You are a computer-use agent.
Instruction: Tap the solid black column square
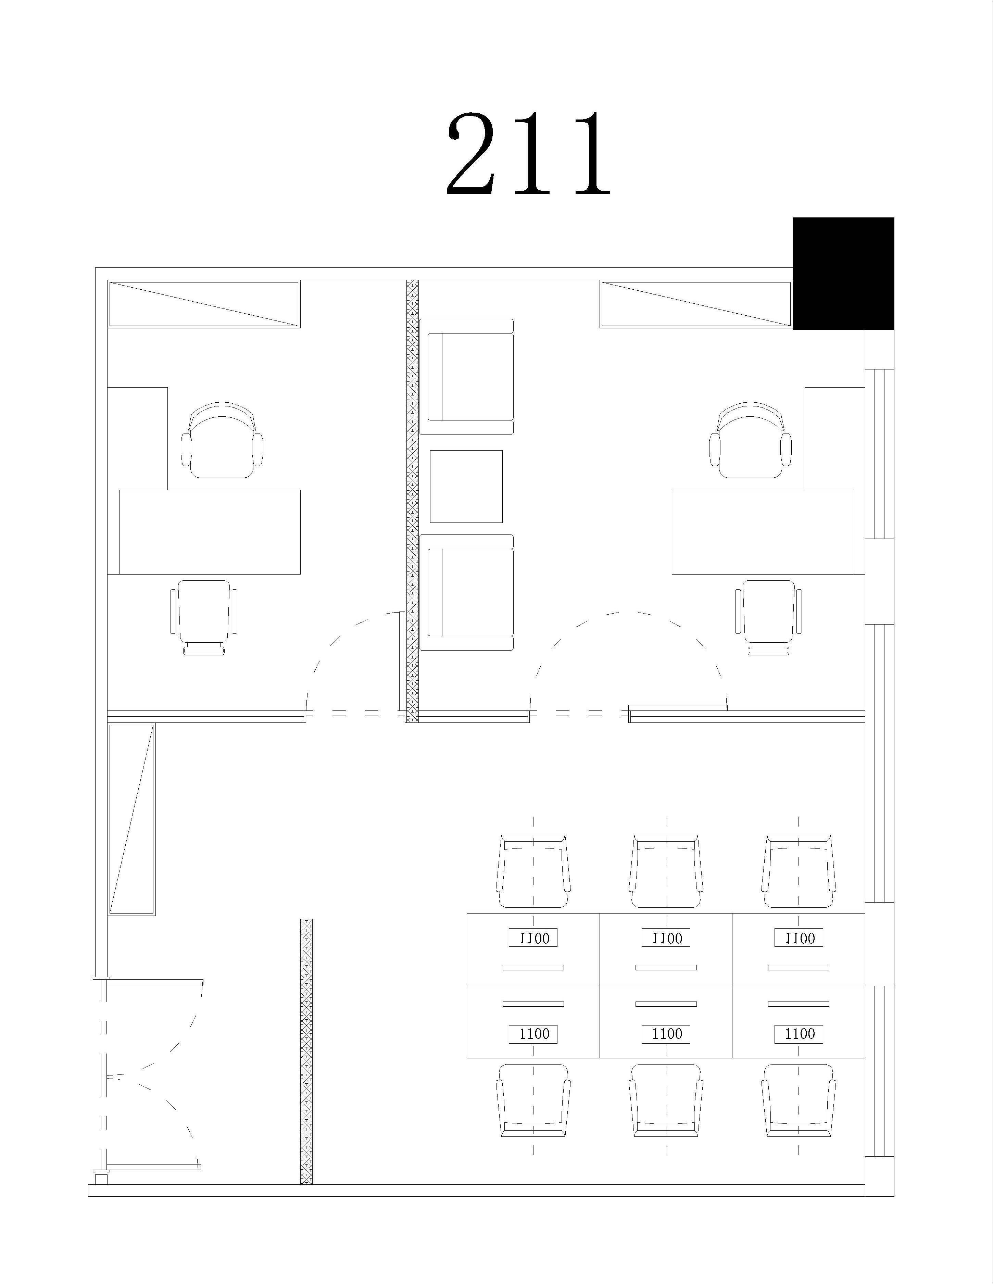[843, 273]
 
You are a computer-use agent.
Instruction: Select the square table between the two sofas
[466, 486]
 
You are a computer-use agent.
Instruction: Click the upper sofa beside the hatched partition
[467, 377]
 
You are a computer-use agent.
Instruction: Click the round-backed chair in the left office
[222, 440]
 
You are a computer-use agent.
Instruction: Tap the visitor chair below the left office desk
[204, 617]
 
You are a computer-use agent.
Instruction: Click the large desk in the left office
[210, 532]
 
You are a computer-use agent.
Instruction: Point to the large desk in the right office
[763, 532]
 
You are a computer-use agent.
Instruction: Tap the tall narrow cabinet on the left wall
[132, 820]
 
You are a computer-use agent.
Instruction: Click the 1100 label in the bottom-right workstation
[799, 1034]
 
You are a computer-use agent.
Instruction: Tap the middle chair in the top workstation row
[666, 870]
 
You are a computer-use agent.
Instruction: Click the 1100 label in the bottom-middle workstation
[666, 1034]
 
